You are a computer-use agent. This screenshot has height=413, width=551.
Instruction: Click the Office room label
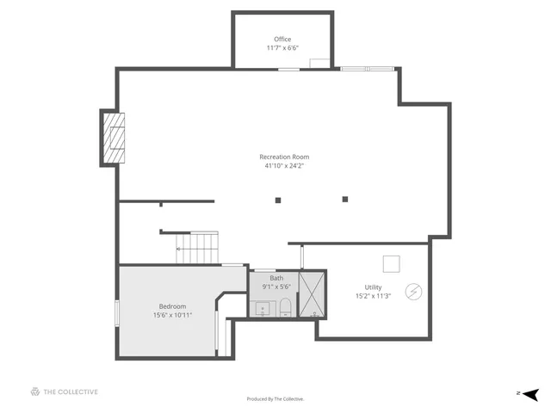click(x=282, y=40)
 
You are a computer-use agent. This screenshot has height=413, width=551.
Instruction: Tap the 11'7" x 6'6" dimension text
click(x=282, y=48)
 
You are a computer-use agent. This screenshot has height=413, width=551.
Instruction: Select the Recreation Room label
click(x=284, y=157)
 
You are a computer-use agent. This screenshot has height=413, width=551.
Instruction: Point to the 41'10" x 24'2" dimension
click(x=284, y=165)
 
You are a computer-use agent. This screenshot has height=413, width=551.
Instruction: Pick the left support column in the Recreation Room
click(x=278, y=200)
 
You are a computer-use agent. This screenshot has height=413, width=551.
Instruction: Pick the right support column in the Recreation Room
click(x=345, y=199)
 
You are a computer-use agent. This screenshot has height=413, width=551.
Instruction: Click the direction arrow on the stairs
click(x=179, y=250)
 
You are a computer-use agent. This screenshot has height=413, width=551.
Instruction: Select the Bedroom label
click(x=172, y=306)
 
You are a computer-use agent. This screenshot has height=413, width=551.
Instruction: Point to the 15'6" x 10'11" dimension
click(x=172, y=315)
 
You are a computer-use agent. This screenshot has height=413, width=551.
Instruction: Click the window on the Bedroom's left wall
click(x=117, y=312)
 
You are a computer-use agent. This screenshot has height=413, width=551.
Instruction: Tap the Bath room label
click(x=276, y=278)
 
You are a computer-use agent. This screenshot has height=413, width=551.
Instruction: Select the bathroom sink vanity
click(x=261, y=308)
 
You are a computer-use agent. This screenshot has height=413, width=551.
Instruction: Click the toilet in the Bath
click(x=285, y=308)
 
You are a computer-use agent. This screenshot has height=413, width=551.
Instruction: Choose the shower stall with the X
click(x=313, y=294)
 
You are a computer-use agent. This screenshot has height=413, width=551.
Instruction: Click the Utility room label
click(x=373, y=287)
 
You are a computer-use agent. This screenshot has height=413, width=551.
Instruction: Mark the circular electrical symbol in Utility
click(x=413, y=293)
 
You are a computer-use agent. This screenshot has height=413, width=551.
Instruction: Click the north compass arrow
click(x=531, y=393)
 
